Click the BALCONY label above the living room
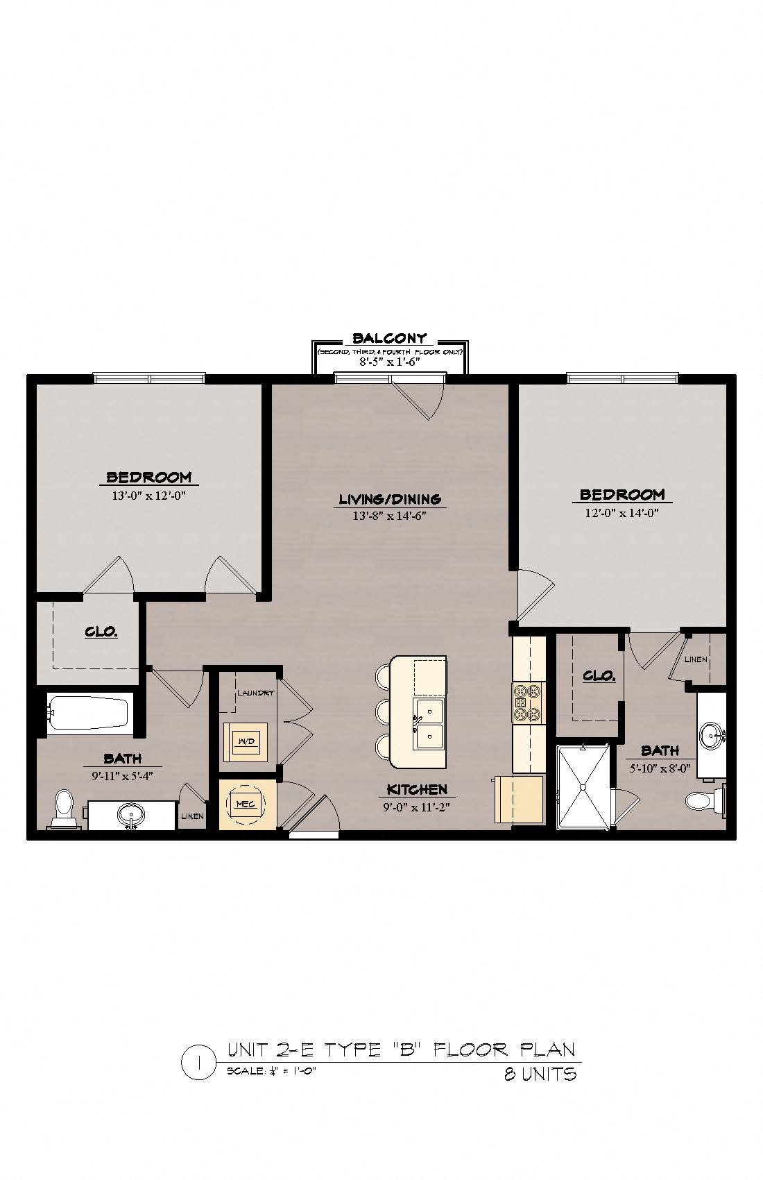(389, 338)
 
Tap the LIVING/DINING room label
(390, 499)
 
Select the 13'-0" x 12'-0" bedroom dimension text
(149, 496)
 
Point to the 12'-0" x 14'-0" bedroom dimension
(622, 512)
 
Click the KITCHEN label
(417, 789)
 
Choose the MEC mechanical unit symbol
(246, 804)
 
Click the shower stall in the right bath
(583, 786)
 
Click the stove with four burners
(528, 702)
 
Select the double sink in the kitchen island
(430, 723)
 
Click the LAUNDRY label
(255, 693)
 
